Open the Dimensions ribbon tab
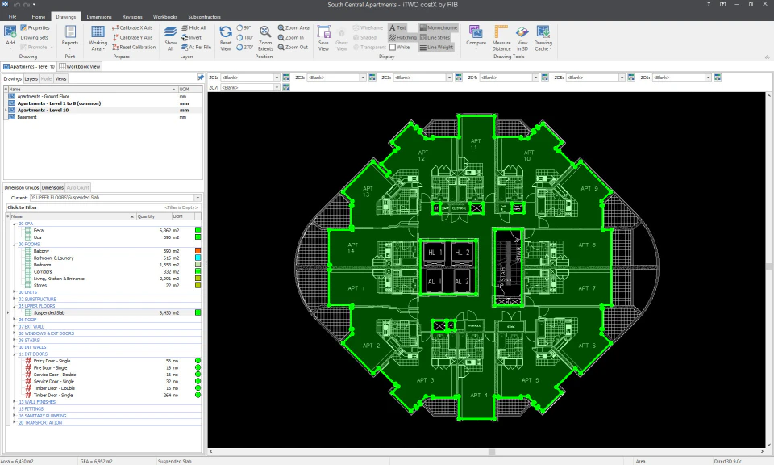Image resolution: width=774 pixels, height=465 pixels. click(99, 16)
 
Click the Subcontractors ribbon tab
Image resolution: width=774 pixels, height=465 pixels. click(204, 16)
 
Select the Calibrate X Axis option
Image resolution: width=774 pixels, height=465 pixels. click(135, 27)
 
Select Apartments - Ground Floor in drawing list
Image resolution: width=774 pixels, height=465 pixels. click(43, 96)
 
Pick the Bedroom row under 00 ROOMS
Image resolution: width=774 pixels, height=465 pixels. click(43, 265)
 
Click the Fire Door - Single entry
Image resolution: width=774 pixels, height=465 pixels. click(51, 367)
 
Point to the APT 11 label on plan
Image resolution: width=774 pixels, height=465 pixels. click(474, 144)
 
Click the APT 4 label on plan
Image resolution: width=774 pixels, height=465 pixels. click(479, 395)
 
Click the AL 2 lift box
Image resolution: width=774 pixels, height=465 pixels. click(461, 282)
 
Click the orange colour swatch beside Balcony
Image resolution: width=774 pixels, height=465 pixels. click(198, 251)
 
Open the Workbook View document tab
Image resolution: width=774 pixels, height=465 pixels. click(81, 66)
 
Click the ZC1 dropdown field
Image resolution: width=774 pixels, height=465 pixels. click(249, 77)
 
